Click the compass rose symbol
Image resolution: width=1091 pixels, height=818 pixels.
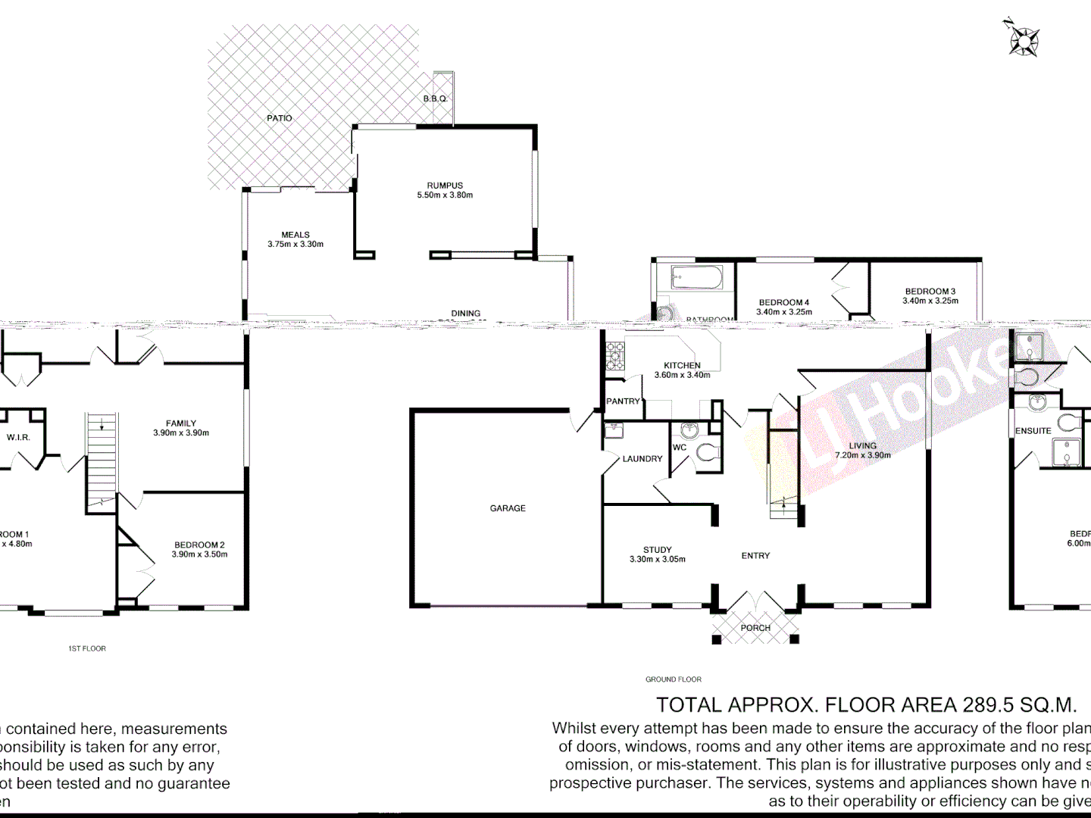1024,40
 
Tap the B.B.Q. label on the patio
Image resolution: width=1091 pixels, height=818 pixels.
436,99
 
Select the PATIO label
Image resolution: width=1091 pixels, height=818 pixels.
280,118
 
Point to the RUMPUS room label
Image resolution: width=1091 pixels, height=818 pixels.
445,186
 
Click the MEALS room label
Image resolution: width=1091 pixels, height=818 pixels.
295,235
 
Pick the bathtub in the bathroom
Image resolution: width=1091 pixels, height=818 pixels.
697,277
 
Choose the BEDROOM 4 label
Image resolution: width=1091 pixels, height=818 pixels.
784,302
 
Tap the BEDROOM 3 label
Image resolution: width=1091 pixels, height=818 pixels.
930,292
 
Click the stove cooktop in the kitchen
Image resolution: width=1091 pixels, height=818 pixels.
615,356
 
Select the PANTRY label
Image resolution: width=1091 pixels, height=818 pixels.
623,401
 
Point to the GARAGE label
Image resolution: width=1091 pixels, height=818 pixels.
508,508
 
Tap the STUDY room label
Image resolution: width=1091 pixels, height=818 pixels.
658,550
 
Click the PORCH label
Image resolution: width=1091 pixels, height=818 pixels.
755,628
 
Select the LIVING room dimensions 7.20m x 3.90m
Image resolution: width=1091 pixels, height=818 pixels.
863,455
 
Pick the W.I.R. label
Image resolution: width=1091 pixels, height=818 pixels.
18,438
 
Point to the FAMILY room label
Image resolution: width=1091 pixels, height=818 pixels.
181,423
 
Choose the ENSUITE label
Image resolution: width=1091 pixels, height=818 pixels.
1033,431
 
